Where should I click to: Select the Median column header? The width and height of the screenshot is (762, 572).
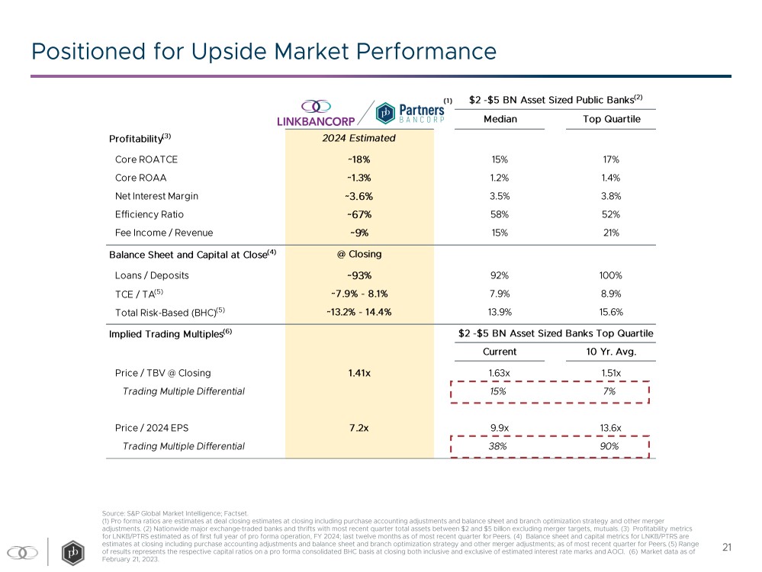(500, 119)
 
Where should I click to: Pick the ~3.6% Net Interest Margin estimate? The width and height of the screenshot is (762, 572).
(360, 196)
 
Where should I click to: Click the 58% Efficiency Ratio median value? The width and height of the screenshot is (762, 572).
(500, 214)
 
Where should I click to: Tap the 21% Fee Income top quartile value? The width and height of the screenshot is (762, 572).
(610, 233)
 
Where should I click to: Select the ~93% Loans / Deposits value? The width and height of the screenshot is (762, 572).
(360, 275)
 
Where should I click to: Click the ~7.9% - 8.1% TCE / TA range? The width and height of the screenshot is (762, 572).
(360, 294)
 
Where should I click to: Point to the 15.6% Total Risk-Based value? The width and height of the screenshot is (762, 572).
(610, 312)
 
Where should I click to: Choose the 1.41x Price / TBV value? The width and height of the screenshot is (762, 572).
(360, 373)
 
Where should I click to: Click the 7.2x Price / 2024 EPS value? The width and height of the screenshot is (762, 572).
(360, 428)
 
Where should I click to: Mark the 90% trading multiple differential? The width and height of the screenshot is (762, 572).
(610, 446)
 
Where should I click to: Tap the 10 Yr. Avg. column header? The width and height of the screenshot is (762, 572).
(610, 352)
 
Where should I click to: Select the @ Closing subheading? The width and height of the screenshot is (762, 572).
(360, 254)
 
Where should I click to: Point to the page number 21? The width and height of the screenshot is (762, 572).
(727, 547)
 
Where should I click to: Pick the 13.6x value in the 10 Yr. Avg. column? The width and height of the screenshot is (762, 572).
(610, 428)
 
